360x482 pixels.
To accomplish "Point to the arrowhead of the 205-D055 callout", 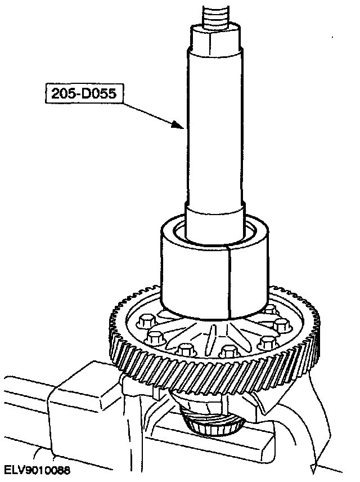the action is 182,127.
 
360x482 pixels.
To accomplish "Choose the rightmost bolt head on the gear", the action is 281,326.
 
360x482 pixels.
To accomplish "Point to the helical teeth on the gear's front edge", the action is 208,374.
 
